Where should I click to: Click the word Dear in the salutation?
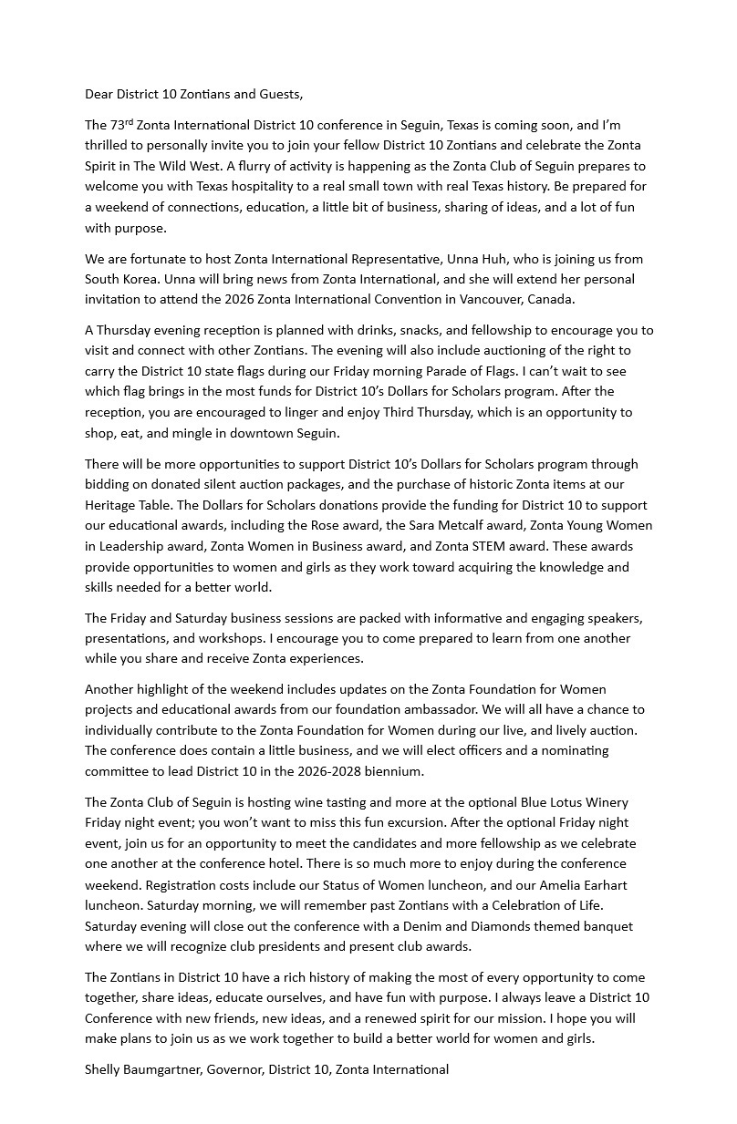pos(99,94)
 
